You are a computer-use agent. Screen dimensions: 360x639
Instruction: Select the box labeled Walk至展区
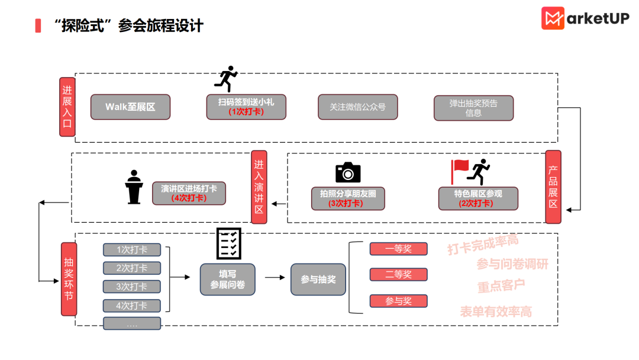(x=130, y=107)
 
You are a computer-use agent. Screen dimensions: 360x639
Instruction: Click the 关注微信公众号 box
(x=357, y=107)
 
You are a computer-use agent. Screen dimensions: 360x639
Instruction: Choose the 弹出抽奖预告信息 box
(x=473, y=108)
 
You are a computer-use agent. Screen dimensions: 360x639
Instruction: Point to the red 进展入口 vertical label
(x=67, y=107)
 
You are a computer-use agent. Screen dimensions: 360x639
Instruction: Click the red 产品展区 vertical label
(x=553, y=187)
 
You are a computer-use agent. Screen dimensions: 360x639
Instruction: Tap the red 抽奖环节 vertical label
(x=69, y=278)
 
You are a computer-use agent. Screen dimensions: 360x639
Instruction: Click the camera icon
(x=348, y=172)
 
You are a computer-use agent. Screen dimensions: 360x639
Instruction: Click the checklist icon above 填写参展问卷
(x=228, y=243)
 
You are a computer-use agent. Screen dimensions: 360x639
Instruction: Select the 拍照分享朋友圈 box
(x=348, y=198)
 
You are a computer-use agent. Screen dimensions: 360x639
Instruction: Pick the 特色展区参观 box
(x=478, y=198)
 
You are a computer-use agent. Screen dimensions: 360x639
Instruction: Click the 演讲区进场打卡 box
(x=189, y=193)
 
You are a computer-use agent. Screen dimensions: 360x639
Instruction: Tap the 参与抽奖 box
(x=318, y=279)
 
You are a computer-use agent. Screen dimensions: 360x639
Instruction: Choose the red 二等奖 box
(x=398, y=275)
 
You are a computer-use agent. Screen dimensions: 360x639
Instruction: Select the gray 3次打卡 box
(x=132, y=287)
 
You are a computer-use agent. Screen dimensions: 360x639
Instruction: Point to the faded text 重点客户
(x=501, y=285)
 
